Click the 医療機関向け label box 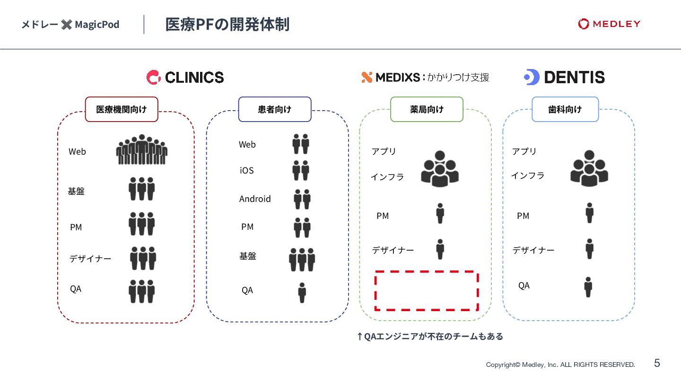[x=122, y=109]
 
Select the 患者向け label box [x=275, y=109]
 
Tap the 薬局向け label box [x=427, y=109]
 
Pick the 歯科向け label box [x=565, y=109]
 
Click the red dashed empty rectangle [x=427, y=291]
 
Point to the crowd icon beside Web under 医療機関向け [x=141, y=150]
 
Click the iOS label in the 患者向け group [x=247, y=171]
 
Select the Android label [x=255, y=199]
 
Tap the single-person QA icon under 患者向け [x=302, y=293]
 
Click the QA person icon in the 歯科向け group [x=588, y=287]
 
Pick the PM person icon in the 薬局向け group [x=440, y=213]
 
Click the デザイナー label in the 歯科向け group [x=533, y=250]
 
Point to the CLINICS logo [x=185, y=77]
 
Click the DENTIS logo [x=564, y=77]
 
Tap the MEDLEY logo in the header [x=609, y=24]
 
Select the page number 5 [x=657, y=363]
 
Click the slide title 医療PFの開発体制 [x=227, y=25]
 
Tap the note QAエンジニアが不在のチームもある [x=430, y=337]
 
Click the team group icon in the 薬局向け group [x=440, y=168]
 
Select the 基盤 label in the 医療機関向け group [x=76, y=191]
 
